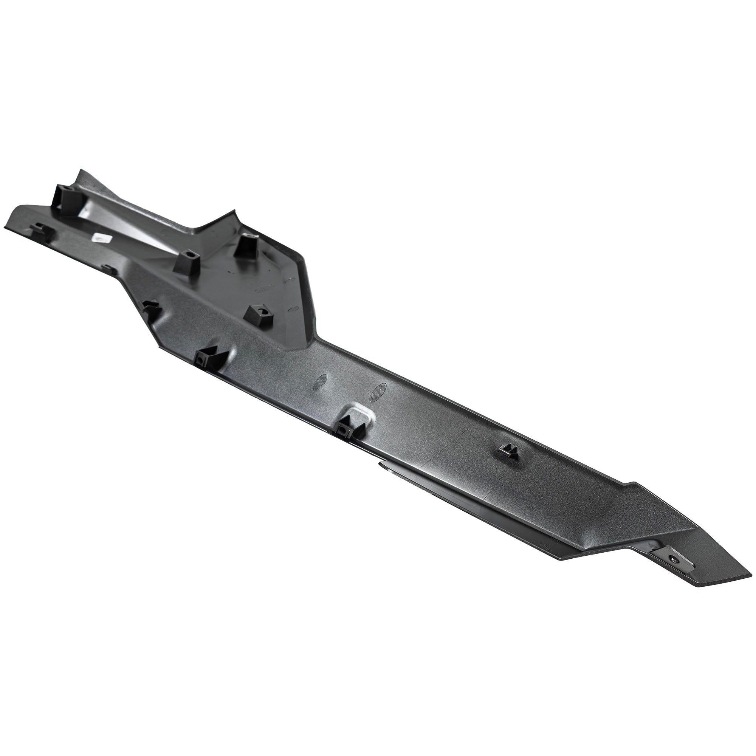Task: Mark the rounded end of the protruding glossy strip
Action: click(380, 464)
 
